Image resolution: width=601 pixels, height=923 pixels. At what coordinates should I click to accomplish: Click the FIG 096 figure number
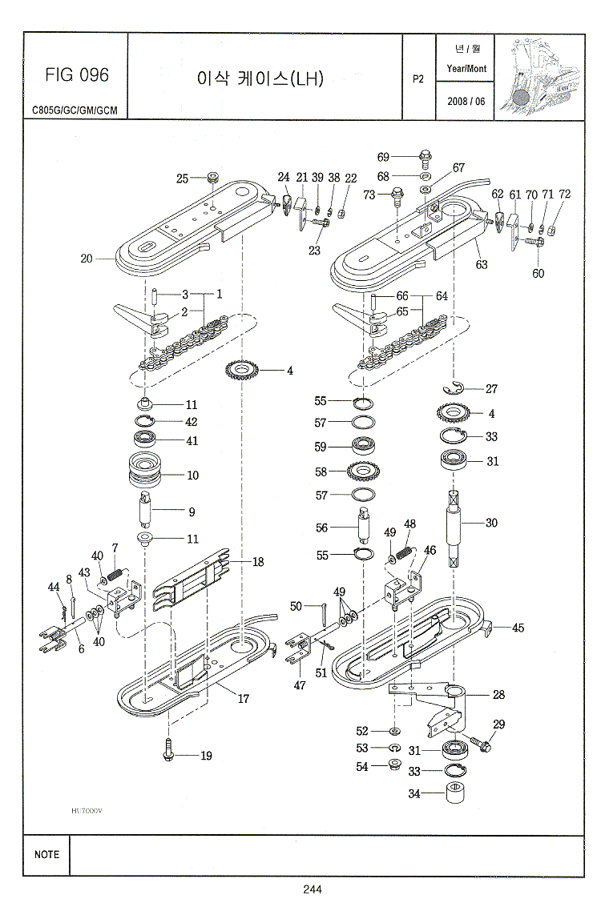(76, 75)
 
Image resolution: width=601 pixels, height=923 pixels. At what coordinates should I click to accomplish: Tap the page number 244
(313, 888)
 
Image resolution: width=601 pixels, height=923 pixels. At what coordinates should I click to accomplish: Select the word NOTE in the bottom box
(46, 854)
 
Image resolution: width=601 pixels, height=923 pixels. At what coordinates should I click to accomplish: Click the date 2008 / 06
(466, 101)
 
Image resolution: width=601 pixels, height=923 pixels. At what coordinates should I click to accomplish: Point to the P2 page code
(417, 78)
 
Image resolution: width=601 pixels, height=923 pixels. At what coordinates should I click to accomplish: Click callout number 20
(87, 258)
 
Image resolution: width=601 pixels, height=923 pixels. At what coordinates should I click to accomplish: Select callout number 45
(518, 628)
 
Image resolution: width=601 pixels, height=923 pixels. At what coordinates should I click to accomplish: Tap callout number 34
(414, 794)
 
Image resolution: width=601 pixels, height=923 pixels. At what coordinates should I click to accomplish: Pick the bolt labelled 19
(169, 751)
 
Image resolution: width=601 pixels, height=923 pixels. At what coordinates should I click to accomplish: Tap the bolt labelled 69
(426, 156)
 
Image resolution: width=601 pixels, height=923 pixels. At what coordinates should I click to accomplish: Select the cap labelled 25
(214, 177)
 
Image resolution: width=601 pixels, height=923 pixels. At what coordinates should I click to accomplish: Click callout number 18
(258, 562)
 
